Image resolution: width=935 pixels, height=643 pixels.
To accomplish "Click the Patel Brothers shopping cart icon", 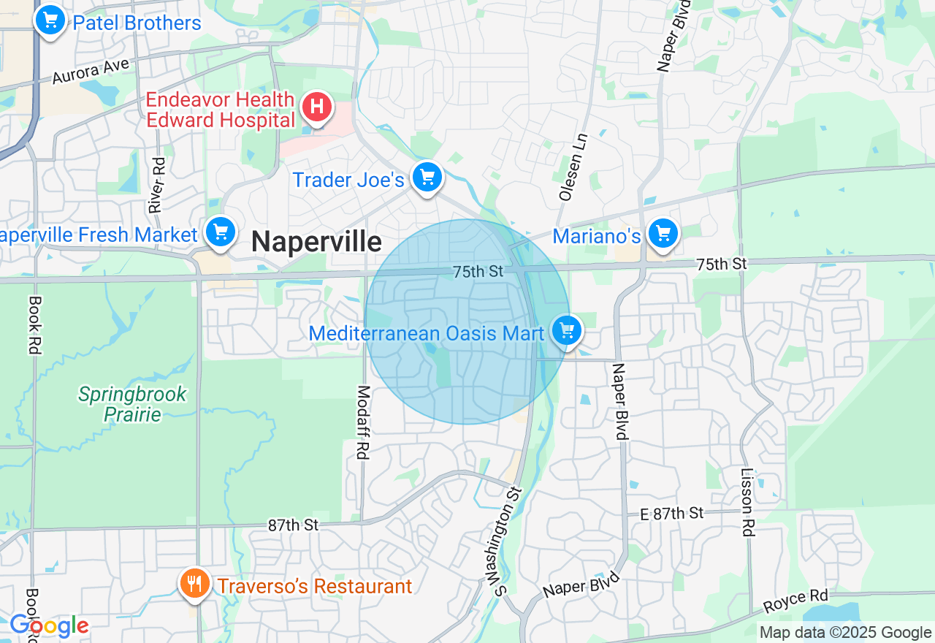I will click(x=50, y=20).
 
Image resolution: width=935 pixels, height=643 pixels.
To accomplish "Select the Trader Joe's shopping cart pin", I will click(x=427, y=178).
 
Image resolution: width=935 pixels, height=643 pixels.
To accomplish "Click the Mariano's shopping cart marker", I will click(x=663, y=235).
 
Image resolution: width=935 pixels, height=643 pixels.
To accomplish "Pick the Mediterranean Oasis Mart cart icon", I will click(x=566, y=331).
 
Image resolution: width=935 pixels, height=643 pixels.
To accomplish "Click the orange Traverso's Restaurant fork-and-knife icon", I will click(x=194, y=585).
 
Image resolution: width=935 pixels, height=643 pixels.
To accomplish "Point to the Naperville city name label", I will click(x=316, y=242).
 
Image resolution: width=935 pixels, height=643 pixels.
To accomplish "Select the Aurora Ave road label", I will click(x=91, y=71).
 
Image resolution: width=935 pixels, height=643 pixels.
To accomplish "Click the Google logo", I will click(x=48, y=626).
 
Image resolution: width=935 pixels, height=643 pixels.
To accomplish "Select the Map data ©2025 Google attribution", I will click(x=845, y=633).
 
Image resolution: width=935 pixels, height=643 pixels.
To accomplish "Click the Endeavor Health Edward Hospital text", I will click(x=220, y=110).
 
